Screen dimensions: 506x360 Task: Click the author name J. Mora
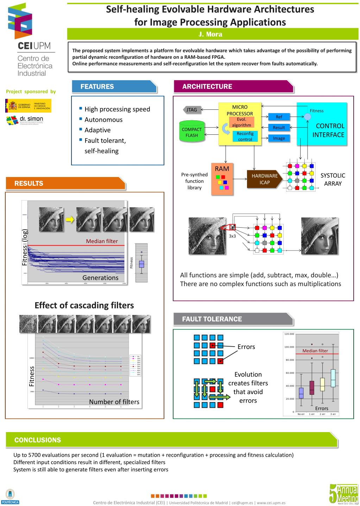[210, 34]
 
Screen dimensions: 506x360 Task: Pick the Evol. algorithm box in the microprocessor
[241, 122]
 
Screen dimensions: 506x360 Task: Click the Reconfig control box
[245, 137]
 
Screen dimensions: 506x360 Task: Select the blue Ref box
[279, 117]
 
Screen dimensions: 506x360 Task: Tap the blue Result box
[279, 127]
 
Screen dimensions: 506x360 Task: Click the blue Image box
[279, 138]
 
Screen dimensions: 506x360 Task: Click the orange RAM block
[222, 179]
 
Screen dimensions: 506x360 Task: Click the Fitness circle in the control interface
[307, 116]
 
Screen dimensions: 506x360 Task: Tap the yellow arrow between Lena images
[70, 220]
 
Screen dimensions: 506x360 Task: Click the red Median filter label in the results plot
[102, 241]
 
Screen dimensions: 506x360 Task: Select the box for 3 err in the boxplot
[333, 378]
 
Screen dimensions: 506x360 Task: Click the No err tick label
[301, 414]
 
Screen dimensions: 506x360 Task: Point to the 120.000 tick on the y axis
[289, 334]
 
